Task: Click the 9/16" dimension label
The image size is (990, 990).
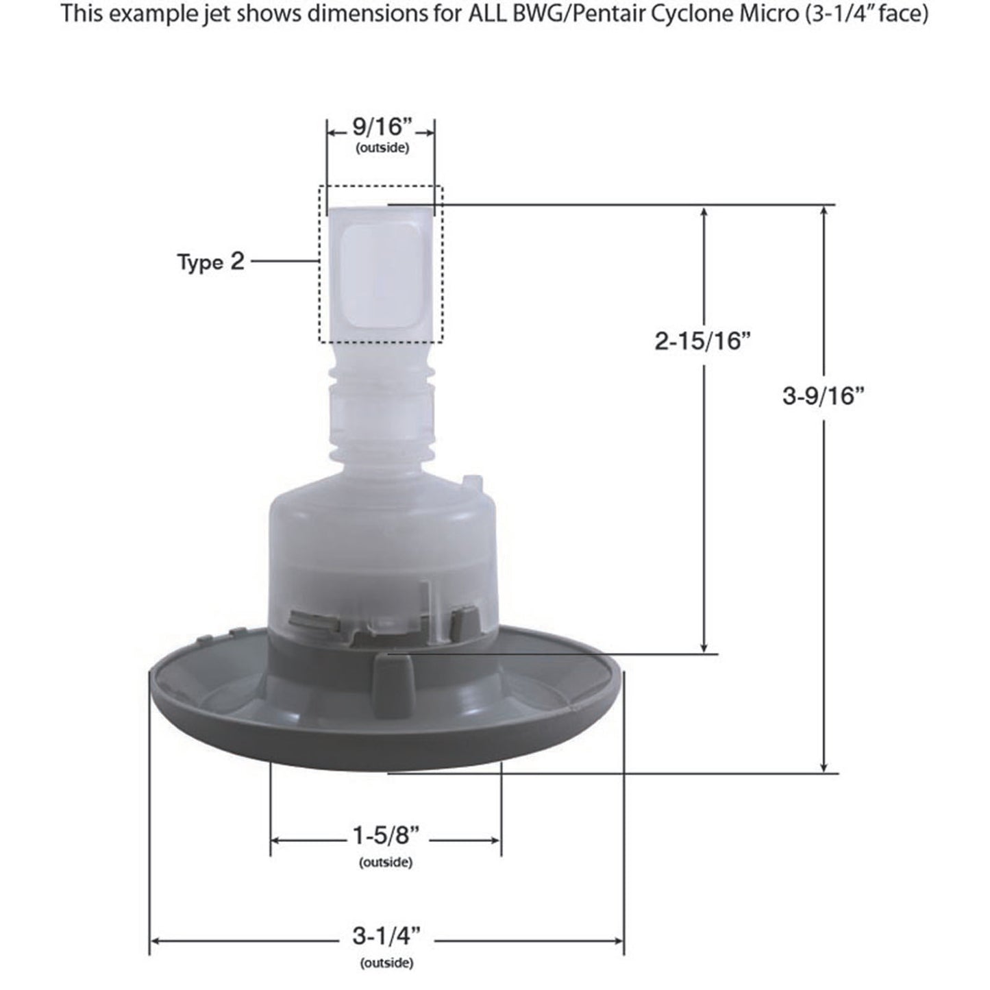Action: [381, 128]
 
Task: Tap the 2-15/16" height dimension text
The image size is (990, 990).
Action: [699, 341]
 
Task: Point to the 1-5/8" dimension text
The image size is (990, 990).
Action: [385, 837]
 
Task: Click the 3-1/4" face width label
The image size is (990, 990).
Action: [386, 937]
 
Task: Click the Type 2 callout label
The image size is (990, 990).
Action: [210, 262]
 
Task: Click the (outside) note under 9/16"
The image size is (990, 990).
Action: [382, 148]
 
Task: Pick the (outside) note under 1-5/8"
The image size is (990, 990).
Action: [386, 863]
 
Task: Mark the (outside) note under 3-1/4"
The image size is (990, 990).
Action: [386, 963]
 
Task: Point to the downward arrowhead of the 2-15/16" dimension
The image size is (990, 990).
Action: [703, 647]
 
